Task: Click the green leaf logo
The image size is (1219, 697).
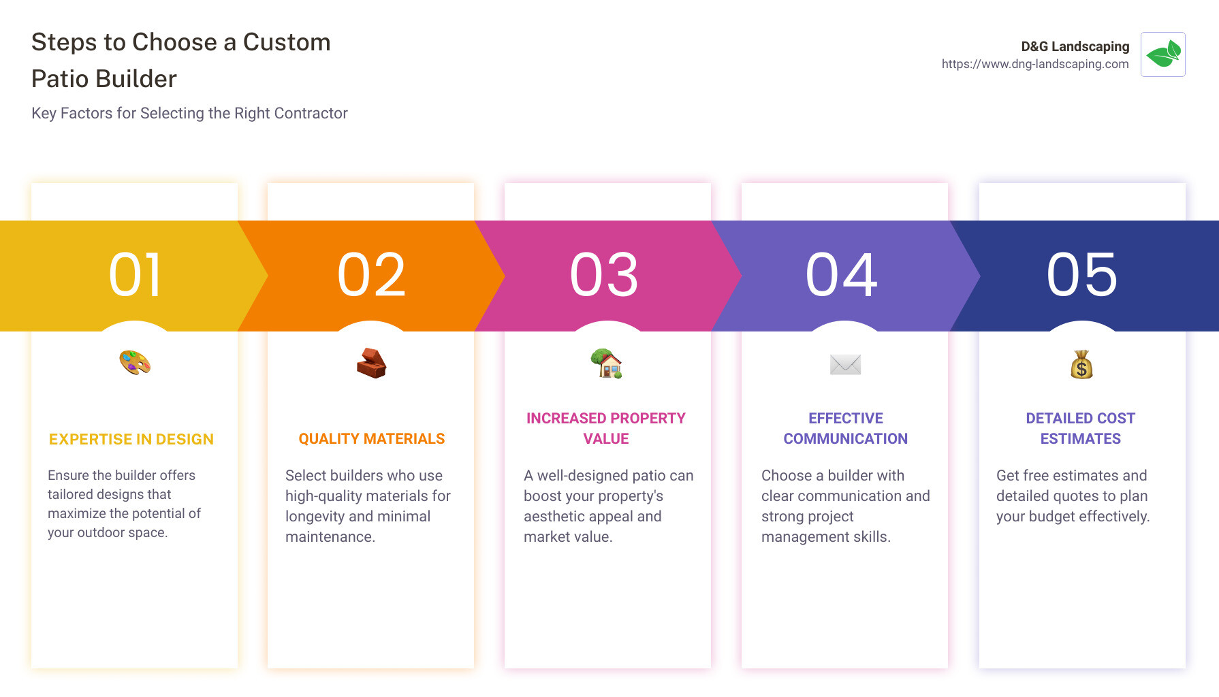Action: pyautogui.click(x=1162, y=54)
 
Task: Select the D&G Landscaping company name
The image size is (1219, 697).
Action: pyautogui.click(x=1075, y=46)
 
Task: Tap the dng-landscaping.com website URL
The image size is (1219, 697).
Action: pyautogui.click(x=1034, y=64)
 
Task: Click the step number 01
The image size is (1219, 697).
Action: pyautogui.click(x=136, y=275)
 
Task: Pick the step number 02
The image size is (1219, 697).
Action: pyautogui.click(x=372, y=275)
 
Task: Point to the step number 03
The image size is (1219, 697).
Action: pyautogui.click(x=605, y=275)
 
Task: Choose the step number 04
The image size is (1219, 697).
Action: pyautogui.click(x=842, y=275)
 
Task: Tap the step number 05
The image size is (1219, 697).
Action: pyautogui.click(x=1082, y=275)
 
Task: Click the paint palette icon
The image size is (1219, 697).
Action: pyautogui.click(x=135, y=363)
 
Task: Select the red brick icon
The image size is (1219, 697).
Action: pyautogui.click(x=371, y=363)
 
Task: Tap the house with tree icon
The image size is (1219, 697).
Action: pyautogui.click(x=606, y=363)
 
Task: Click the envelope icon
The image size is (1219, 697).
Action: pyautogui.click(x=845, y=365)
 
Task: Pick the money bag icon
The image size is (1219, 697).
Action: pyautogui.click(x=1081, y=365)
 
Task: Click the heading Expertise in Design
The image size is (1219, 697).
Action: pyautogui.click(x=131, y=440)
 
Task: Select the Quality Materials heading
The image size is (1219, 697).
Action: pyautogui.click(x=372, y=439)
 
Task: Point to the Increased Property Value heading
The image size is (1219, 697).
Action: pyautogui.click(x=606, y=428)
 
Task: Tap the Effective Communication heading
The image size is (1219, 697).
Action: pyautogui.click(x=845, y=428)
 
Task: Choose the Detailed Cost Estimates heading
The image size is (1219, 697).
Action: pyautogui.click(x=1081, y=428)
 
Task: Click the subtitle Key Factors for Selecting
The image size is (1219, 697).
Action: pyautogui.click(x=189, y=113)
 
